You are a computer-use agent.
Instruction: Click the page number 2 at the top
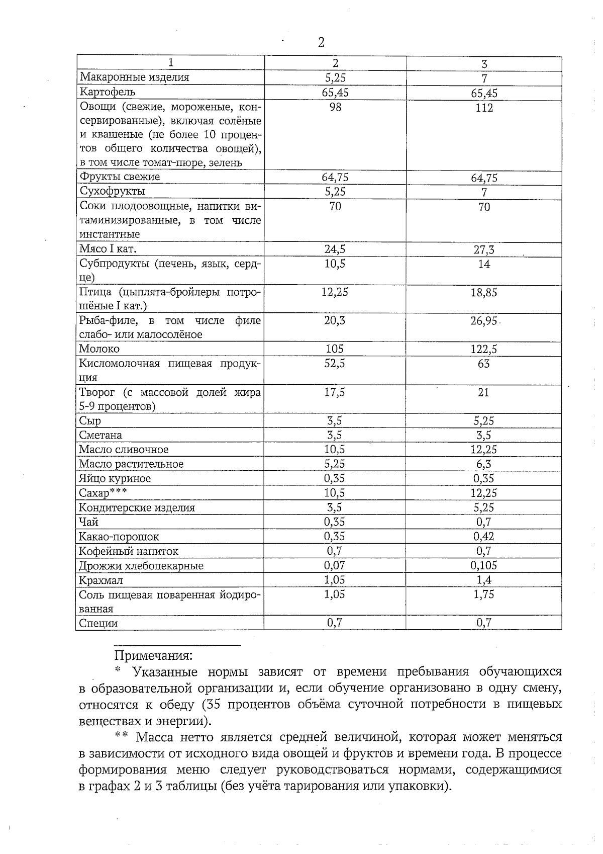321,42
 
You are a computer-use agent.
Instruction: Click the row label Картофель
107,92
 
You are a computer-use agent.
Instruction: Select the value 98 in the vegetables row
335,107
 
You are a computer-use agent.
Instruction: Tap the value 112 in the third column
484,108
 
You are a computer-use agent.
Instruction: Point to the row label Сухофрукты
112,191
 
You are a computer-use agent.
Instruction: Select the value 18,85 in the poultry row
484,293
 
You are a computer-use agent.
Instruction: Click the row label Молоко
99,349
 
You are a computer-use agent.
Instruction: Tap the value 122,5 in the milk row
484,350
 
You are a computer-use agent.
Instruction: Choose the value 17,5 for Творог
335,392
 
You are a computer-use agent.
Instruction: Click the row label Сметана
100,435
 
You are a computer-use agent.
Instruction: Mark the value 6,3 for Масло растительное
484,464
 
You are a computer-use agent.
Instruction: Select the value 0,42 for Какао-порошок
484,537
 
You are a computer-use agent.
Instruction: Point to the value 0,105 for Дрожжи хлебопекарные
484,565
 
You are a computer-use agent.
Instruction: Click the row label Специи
98,623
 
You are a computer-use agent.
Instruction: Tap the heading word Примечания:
154,656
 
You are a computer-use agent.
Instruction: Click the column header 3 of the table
484,64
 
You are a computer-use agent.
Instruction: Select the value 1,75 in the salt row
484,594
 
